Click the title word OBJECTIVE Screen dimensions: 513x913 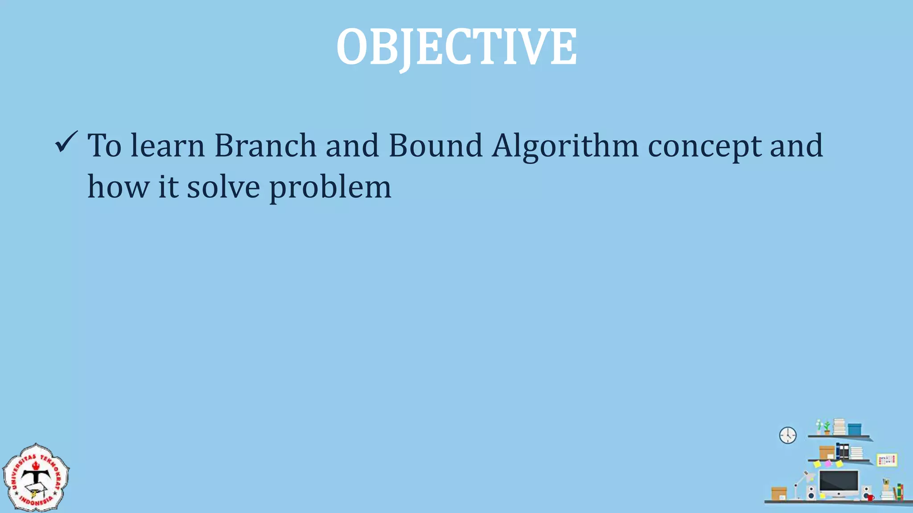coord(456,47)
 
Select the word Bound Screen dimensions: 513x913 coord(435,146)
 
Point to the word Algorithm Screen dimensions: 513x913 coord(565,147)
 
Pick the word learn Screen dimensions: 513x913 coord(167,146)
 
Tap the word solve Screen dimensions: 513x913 coord(223,187)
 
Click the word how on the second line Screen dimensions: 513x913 coord(118,187)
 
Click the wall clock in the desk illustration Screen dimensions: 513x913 coord(788,435)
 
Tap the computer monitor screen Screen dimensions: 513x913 coord(839,481)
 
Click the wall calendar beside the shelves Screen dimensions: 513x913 coord(887,460)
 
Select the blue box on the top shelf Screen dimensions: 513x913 coord(854,429)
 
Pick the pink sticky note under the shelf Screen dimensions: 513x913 coord(828,464)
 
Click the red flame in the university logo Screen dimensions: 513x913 coord(36,465)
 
